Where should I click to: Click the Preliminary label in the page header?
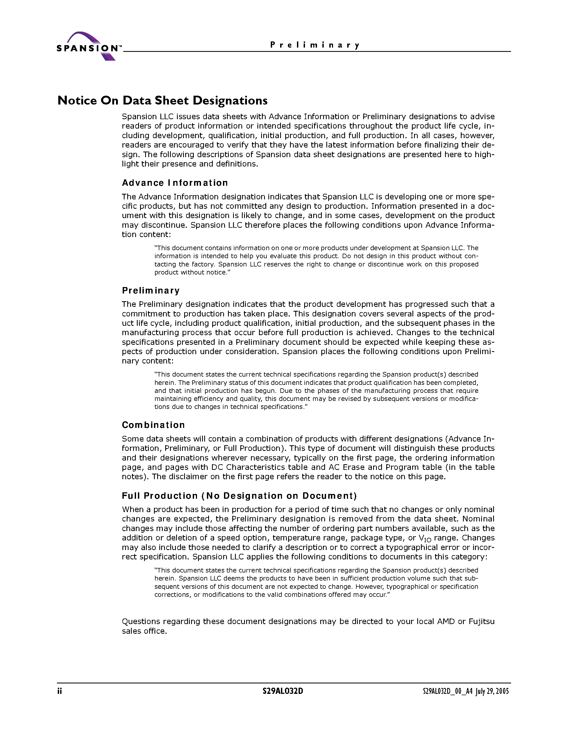315,45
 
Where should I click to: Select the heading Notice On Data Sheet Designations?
163,100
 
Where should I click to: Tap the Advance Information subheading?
175,183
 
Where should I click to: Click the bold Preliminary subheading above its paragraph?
151,291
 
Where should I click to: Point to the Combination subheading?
153,425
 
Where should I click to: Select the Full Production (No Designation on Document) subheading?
239,496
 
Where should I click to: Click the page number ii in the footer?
60,691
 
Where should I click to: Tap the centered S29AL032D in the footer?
283,691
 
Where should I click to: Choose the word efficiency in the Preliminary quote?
207,399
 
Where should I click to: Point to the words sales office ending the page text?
144,631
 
